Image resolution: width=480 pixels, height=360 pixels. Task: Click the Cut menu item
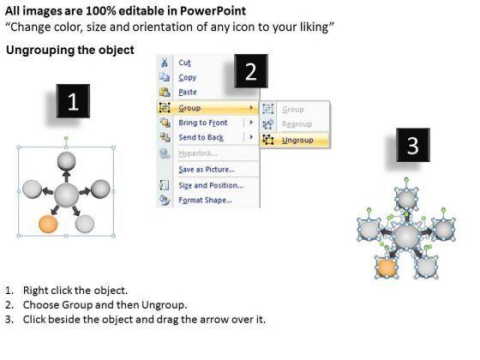click(184, 63)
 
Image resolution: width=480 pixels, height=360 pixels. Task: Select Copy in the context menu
click(188, 77)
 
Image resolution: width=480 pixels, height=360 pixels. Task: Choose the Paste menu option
click(188, 92)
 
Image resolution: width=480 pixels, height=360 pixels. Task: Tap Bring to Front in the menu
click(203, 123)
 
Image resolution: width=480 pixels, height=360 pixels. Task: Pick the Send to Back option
click(201, 137)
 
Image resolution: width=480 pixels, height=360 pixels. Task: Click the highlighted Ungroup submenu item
click(297, 140)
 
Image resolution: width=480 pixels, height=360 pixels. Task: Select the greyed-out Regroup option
click(297, 124)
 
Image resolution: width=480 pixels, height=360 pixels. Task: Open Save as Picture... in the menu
click(207, 170)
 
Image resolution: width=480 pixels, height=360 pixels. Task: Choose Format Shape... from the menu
click(205, 200)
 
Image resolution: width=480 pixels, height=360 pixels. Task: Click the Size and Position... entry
click(211, 185)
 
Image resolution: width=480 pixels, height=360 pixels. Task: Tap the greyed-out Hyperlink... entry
click(198, 153)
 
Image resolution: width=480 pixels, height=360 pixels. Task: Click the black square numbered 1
click(73, 101)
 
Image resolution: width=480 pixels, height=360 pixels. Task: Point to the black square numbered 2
click(251, 71)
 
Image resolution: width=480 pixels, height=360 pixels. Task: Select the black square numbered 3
click(413, 145)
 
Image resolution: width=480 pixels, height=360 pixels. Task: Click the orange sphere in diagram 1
click(48, 224)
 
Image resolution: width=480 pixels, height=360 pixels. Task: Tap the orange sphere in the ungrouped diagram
click(387, 267)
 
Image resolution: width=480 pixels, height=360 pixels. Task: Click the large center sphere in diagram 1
click(66, 195)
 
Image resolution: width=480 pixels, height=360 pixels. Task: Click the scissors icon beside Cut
click(165, 63)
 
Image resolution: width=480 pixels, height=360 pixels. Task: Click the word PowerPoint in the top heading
click(213, 11)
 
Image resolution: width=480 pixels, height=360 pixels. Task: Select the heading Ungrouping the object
click(70, 50)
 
